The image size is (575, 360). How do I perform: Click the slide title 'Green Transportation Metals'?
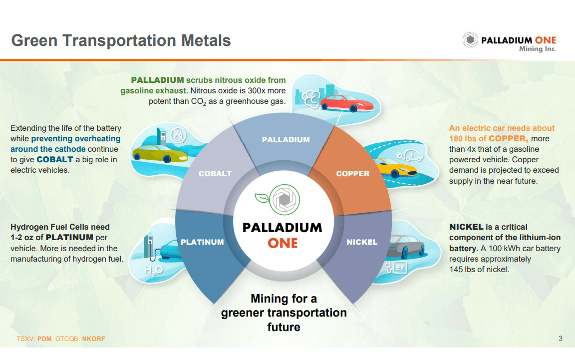click(121, 40)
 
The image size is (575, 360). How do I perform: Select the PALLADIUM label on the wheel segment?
click(286, 140)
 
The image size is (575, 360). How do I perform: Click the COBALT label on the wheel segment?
click(215, 174)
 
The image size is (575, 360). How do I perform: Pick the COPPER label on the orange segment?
click(353, 174)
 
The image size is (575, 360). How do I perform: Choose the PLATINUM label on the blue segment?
click(202, 242)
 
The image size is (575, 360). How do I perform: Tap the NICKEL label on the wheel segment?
click(362, 242)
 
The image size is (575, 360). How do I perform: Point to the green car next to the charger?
click(153, 153)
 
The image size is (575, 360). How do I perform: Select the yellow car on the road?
click(394, 167)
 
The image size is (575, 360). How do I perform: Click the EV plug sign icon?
click(400, 268)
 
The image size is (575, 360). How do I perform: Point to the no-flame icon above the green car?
click(177, 135)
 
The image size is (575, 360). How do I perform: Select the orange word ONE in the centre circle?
click(283, 243)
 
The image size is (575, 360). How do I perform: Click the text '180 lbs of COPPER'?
click(488, 138)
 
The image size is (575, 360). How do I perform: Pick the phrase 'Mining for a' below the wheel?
click(284, 299)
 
